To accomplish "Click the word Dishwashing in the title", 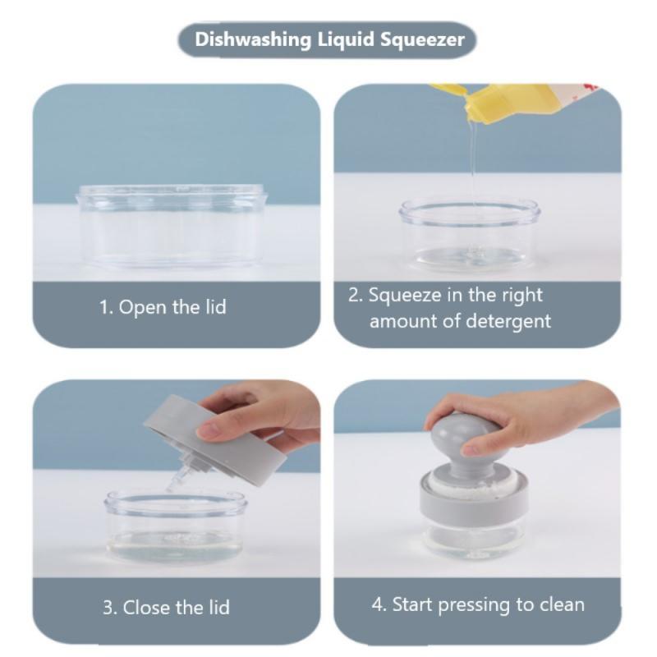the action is click(253, 40).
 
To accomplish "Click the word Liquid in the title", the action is click(346, 40).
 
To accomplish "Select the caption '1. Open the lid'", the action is click(163, 307).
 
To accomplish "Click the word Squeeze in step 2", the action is click(405, 296).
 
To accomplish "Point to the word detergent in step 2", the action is click(508, 321).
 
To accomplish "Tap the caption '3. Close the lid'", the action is click(167, 607).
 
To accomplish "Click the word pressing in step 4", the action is click(475, 605).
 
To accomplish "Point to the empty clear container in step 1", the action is click(171, 227).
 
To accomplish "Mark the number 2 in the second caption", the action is click(354, 296).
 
